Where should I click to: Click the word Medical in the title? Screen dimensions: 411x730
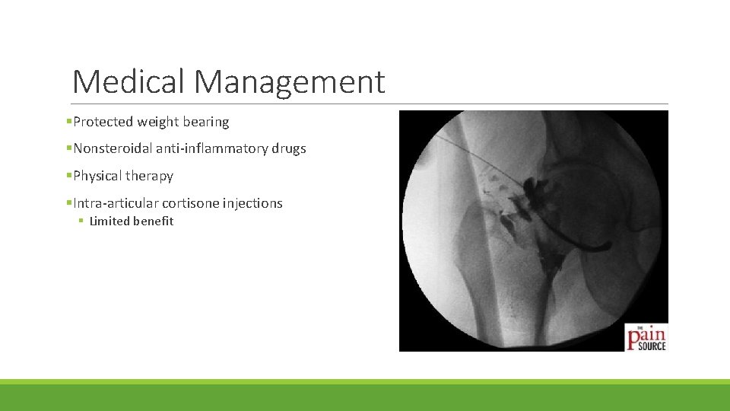pyautogui.click(x=129, y=81)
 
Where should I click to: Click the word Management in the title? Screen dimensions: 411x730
pyautogui.click(x=290, y=81)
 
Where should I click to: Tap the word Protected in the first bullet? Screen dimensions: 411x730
pyautogui.click(x=103, y=122)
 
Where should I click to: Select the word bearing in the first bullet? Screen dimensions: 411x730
pyautogui.click(x=205, y=122)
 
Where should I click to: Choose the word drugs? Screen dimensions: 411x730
pyautogui.click(x=289, y=149)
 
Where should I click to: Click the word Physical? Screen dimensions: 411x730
pyautogui.click(x=98, y=176)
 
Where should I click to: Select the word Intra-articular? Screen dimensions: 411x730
pyautogui.click(x=116, y=203)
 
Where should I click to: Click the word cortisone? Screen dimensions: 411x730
pyautogui.click(x=190, y=203)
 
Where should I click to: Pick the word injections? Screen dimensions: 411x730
pyautogui.click(x=252, y=203)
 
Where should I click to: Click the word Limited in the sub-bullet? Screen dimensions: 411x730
pyautogui.click(x=109, y=221)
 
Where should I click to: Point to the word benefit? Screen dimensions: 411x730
pyautogui.click(x=154, y=221)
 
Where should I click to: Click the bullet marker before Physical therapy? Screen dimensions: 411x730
pyautogui.click(x=69, y=176)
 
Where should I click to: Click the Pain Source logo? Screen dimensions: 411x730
pyautogui.click(x=646, y=336)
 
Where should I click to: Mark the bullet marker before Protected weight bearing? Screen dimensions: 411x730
pyautogui.click(x=69, y=122)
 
